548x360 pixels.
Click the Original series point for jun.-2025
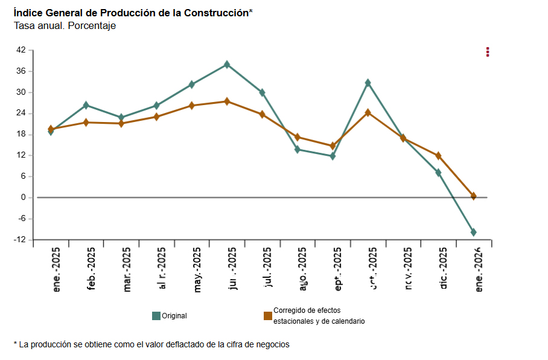pos(227,64)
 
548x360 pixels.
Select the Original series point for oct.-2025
pos(368,83)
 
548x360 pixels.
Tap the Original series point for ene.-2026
pos(473,232)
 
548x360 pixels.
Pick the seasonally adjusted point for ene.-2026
pos(473,196)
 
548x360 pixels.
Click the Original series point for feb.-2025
pos(86,105)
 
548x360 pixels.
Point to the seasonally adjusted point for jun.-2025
pos(227,101)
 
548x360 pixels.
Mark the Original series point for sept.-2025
pos(333,156)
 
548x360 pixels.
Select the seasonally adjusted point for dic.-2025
pos(438,156)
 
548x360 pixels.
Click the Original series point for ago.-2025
pos(298,149)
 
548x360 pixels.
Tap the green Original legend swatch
pos(156,315)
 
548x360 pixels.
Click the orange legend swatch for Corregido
pos(268,315)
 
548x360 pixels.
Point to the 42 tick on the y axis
pos(21,50)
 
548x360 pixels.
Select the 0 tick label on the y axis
pos(23,198)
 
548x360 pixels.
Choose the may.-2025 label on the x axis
pos(197,270)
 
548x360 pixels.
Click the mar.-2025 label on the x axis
pos(127,270)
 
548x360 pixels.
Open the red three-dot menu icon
pos(488,52)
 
